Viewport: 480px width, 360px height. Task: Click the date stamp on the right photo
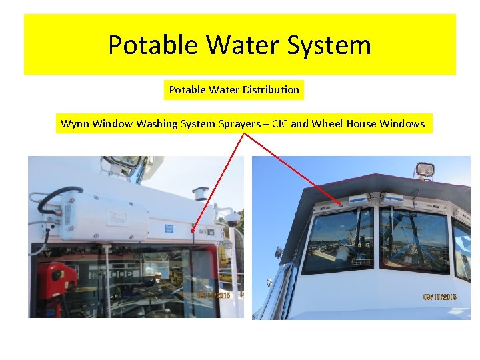pos(439,297)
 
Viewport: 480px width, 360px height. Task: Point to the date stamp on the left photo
pos(215,295)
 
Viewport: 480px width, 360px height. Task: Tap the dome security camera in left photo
pos(233,219)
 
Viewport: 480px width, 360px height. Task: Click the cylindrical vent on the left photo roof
pos(200,193)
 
